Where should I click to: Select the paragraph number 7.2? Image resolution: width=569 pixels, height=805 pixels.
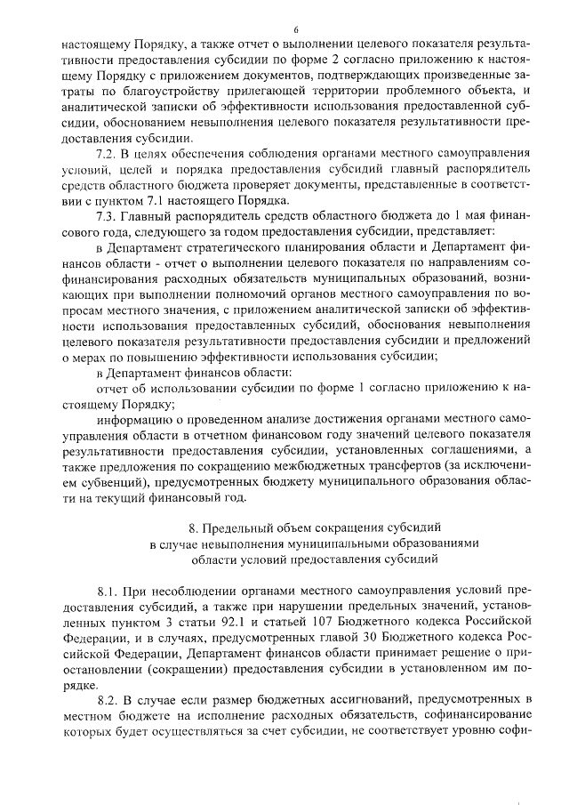(x=108, y=154)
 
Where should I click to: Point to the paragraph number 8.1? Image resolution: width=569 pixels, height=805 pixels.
(x=108, y=590)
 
